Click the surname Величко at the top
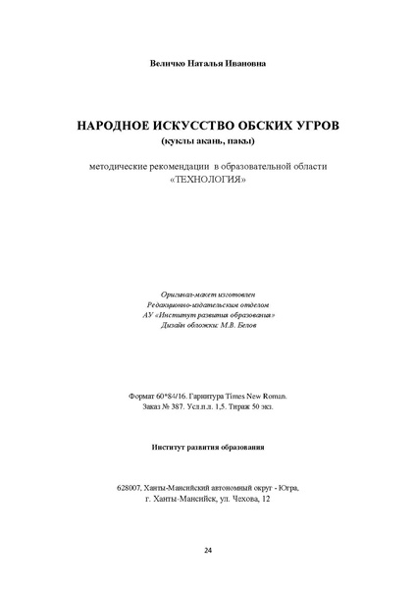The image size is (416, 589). tap(161, 64)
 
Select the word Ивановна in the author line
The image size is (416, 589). tap(243, 64)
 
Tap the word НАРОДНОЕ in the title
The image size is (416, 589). tap(108, 128)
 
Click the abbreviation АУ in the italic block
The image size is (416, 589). tap(149, 316)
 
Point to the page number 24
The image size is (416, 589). tap(208, 550)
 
